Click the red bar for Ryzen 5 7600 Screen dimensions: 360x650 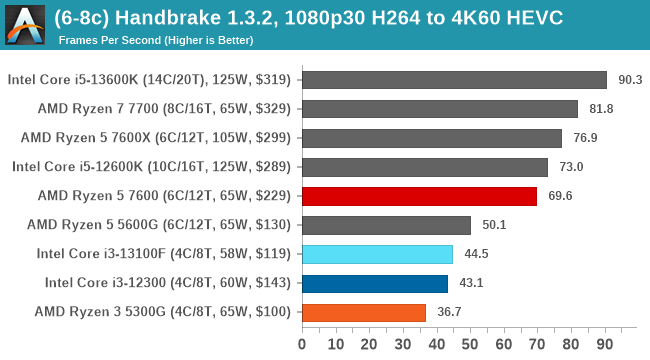tap(418, 196)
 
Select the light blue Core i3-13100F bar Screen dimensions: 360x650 tap(376, 254)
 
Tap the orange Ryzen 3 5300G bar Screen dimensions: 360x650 tap(363, 312)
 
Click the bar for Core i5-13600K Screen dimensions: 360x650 tap(453, 80)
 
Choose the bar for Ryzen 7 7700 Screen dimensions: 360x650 tap(439, 109)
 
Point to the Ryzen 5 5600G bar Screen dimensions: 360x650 tap(385, 225)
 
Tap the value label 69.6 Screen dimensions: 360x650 tap(560, 196)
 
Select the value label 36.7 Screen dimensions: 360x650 tap(449, 312)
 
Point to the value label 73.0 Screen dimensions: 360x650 tap(571, 167)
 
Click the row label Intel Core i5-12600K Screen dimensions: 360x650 tap(152, 167)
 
